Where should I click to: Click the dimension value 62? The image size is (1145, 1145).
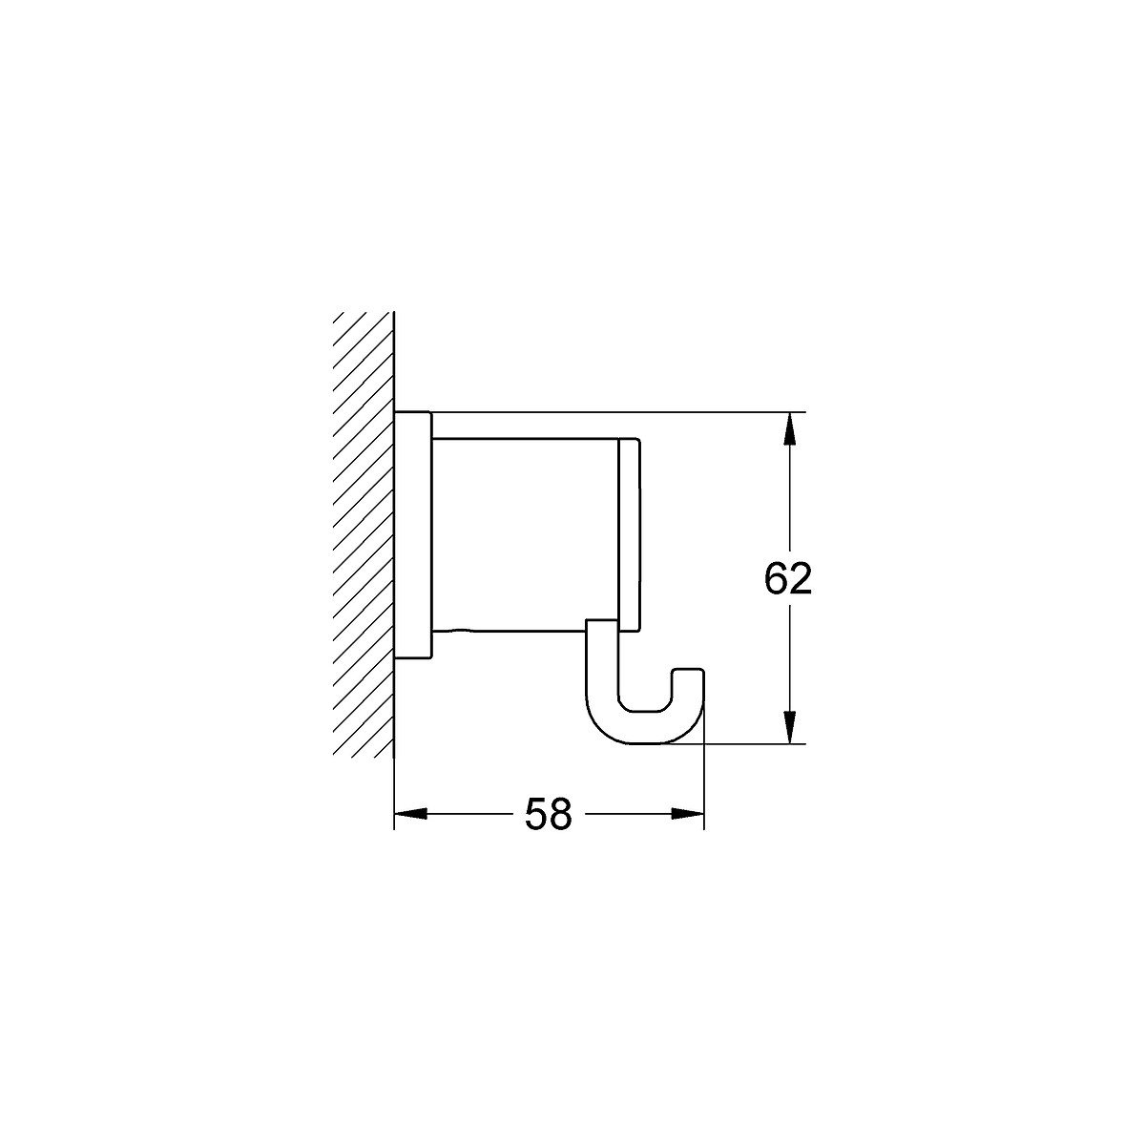click(787, 579)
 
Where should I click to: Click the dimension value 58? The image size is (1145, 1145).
click(548, 814)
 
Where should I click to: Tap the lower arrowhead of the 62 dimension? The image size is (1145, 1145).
click(788, 727)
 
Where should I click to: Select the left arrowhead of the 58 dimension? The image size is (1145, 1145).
click(410, 814)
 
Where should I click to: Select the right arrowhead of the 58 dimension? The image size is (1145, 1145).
click(687, 814)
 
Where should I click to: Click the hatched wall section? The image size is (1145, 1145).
click(364, 534)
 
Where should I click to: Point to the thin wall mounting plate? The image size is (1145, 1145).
click(413, 534)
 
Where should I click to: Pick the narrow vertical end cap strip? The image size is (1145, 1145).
click(629, 533)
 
